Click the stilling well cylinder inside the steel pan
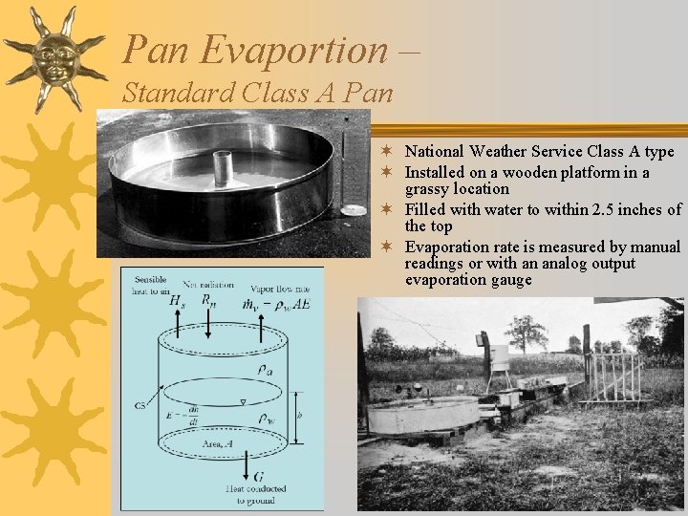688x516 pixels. [223, 168]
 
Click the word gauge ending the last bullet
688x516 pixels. [510, 280]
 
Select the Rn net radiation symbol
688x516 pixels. [208, 300]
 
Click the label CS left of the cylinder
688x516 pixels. [140, 405]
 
